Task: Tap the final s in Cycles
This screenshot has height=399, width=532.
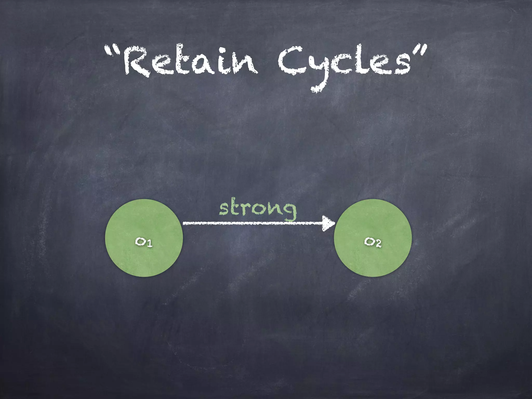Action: (401, 66)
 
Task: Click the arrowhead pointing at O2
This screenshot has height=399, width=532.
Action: (329, 223)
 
